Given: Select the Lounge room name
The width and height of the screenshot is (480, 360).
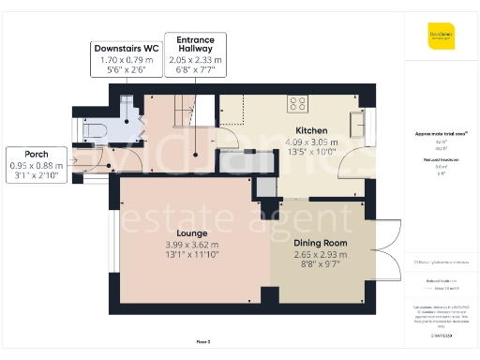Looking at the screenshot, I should click(x=191, y=232).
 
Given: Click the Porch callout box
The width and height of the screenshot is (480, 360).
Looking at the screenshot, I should click(x=36, y=164).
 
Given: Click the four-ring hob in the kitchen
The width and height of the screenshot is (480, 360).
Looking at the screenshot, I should click(x=300, y=103).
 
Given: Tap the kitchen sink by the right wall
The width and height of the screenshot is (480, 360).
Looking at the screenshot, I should click(x=357, y=123).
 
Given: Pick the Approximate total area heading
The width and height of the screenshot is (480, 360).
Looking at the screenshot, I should click(x=441, y=134).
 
